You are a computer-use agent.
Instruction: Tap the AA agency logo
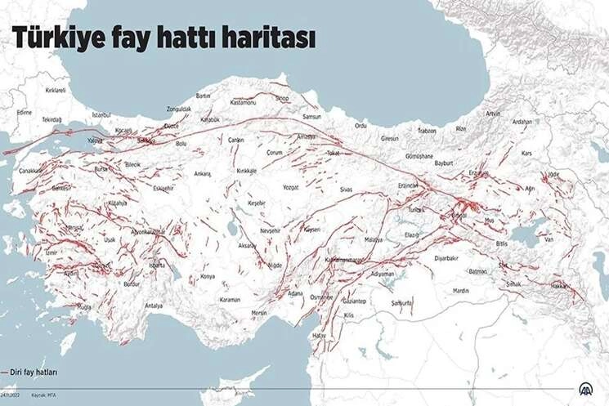587,390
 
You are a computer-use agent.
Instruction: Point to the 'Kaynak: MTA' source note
45,395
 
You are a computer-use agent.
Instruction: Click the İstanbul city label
101,115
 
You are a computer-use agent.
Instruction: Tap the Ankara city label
202,173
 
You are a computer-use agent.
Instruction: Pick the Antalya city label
154,306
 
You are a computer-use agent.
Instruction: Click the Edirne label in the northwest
25,112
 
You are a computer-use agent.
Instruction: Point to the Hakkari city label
559,287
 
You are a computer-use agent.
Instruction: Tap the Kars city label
526,153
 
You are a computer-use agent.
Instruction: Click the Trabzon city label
427,131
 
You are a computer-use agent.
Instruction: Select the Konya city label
208,277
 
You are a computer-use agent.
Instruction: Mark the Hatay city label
319,335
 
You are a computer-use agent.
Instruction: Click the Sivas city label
347,189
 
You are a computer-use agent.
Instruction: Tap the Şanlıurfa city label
401,301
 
